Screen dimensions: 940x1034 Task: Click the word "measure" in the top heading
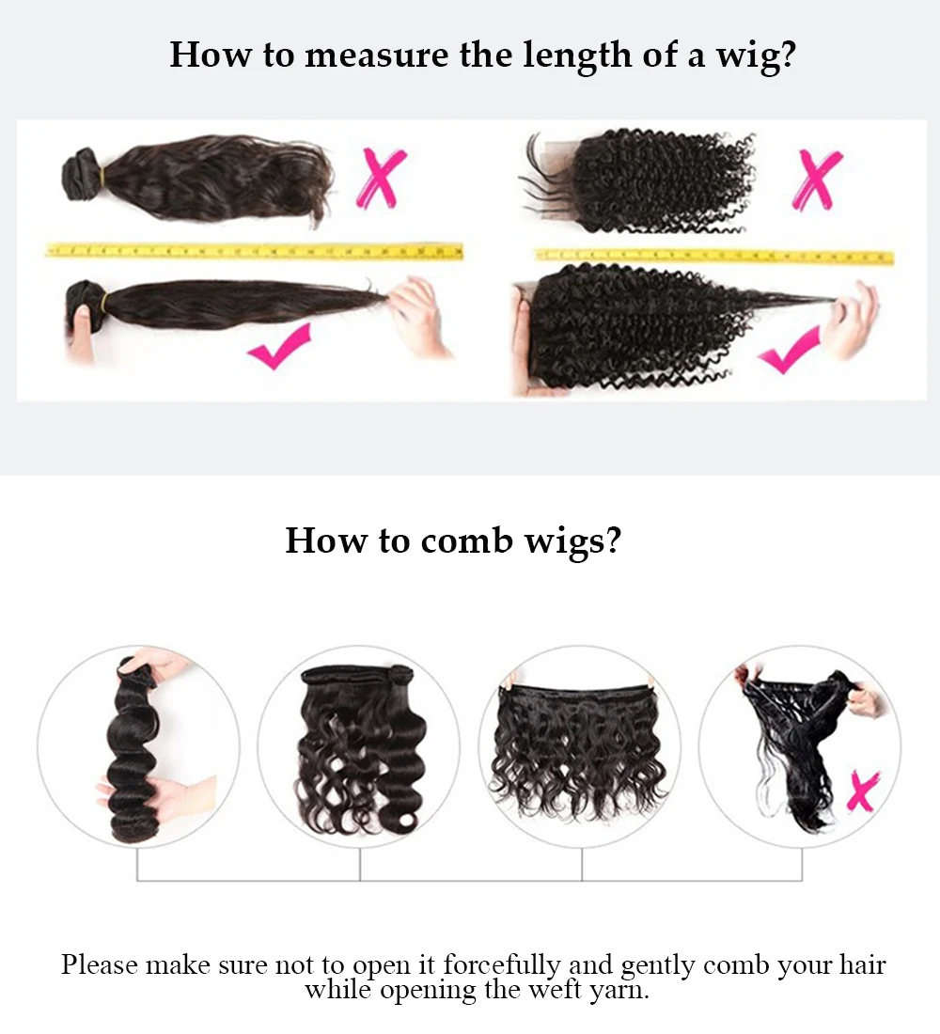tap(376, 55)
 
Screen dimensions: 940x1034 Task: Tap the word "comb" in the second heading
tap(466, 540)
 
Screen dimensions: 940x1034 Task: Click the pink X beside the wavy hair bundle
tap(382, 178)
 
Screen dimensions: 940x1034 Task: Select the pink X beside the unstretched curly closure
tap(816, 180)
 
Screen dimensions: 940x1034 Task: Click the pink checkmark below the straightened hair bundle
tap(280, 346)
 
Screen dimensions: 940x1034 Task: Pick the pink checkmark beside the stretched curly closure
tap(790, 351)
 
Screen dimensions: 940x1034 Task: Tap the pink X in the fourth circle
tap(863, 791)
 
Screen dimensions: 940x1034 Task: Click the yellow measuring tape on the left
tap(254, 251)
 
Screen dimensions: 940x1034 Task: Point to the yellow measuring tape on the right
tap(714, 256)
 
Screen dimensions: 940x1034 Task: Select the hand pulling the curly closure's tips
tap(854, 319)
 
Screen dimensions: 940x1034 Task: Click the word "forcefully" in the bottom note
tap(501, 964)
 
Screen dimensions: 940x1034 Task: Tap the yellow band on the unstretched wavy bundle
tap(102, 179)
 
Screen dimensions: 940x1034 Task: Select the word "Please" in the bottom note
tap(100, 964)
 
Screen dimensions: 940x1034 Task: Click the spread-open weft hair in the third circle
tap(578, 749)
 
